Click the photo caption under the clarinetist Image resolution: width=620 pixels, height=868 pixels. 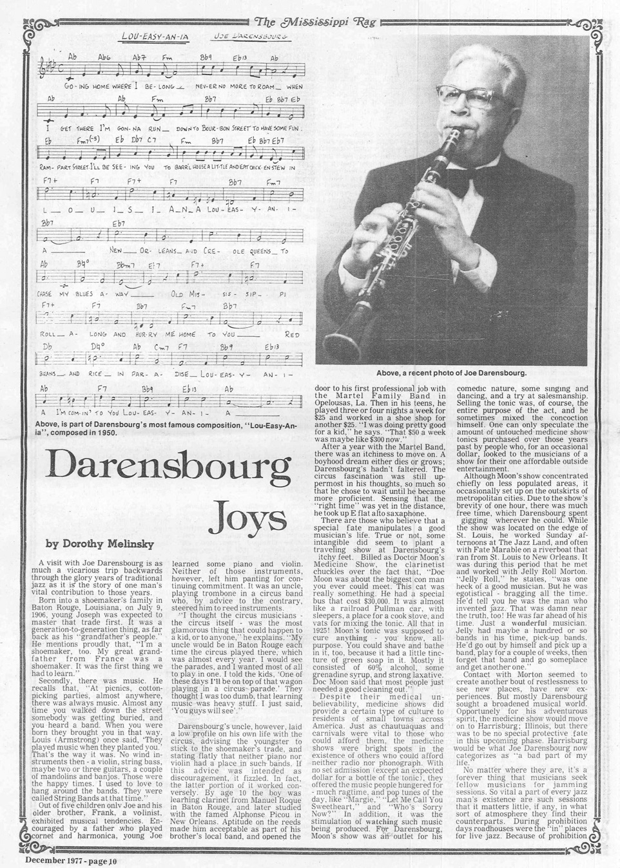point(451,373)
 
